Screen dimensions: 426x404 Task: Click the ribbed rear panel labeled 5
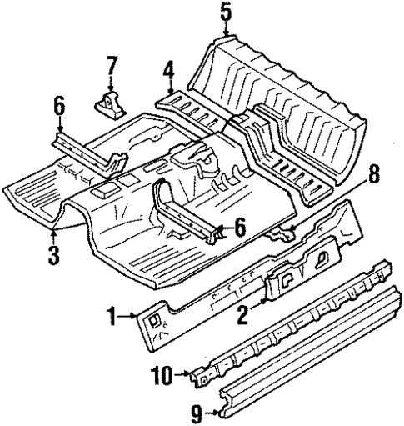click(283, 100)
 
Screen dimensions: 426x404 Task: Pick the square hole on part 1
click(155, 317)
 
